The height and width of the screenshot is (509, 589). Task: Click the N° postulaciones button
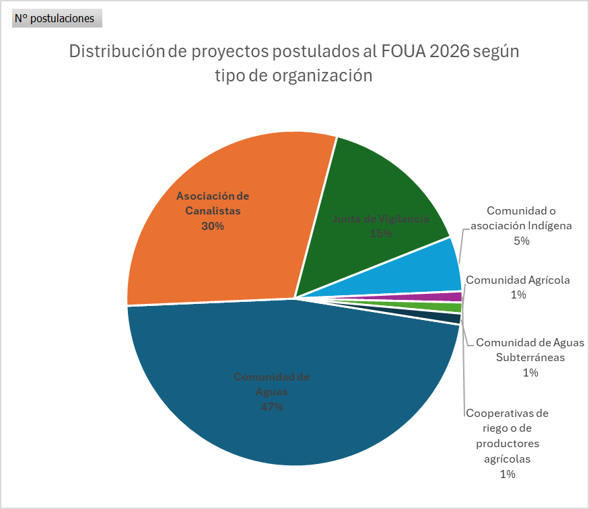click(57, 18)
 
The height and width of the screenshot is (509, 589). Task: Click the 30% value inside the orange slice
click(213, 226)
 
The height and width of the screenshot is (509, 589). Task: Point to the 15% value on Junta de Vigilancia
click(381, 233)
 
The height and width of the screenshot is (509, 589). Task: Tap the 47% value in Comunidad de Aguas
click(272, 407)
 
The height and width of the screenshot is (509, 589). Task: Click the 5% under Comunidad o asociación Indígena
click(521, 241)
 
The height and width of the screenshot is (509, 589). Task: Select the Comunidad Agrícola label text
click(518, 280)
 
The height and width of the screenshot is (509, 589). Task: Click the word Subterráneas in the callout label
click(530, 357)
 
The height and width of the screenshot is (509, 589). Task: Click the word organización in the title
click(322, 75)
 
